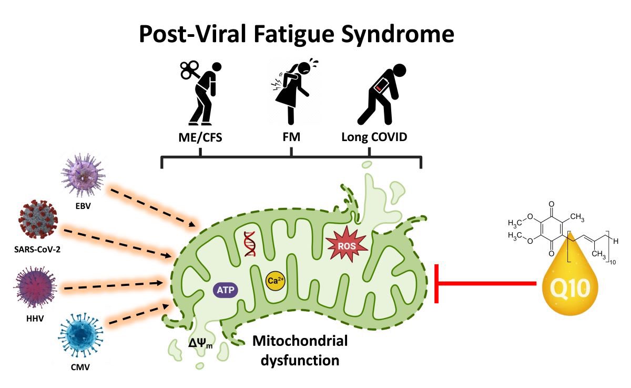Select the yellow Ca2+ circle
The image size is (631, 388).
[x=276, y=281]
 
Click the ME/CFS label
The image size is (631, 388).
[x=200, y=137]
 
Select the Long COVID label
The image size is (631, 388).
[x=374, y=137]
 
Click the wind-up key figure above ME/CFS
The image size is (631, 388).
[x=202, y=92]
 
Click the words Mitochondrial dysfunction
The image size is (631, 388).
[x=300, y=351]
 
